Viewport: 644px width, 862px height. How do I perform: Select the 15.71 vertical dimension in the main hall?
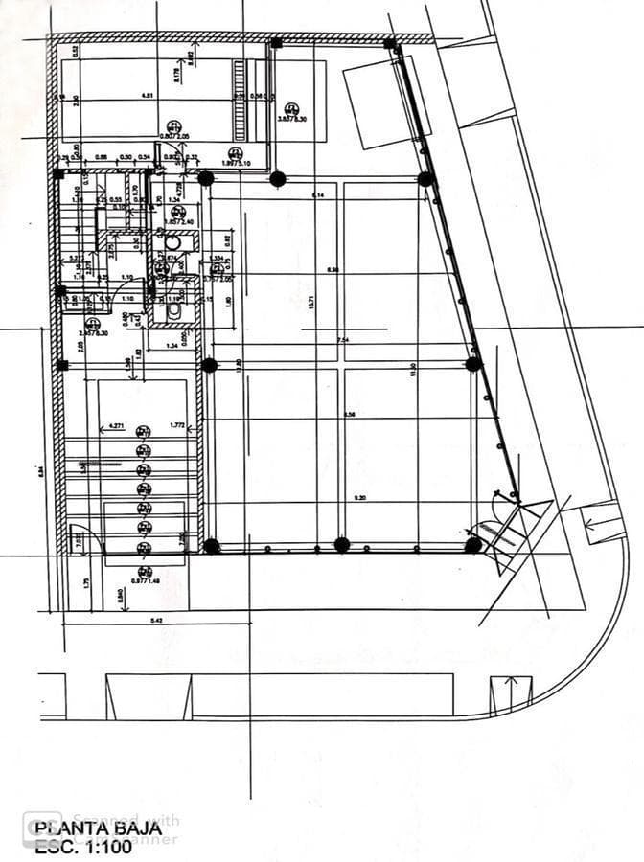point(312,303)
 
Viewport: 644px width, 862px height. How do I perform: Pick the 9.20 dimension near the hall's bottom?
point(359,498)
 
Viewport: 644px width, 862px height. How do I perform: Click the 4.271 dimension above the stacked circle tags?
point(118,424)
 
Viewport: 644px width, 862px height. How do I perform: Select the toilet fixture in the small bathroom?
point(173,310)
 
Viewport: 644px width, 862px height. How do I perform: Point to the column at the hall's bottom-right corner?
point(472,544)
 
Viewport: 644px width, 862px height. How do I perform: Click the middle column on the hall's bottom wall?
point(341,545)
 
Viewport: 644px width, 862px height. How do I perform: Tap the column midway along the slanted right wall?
point(472,364)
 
